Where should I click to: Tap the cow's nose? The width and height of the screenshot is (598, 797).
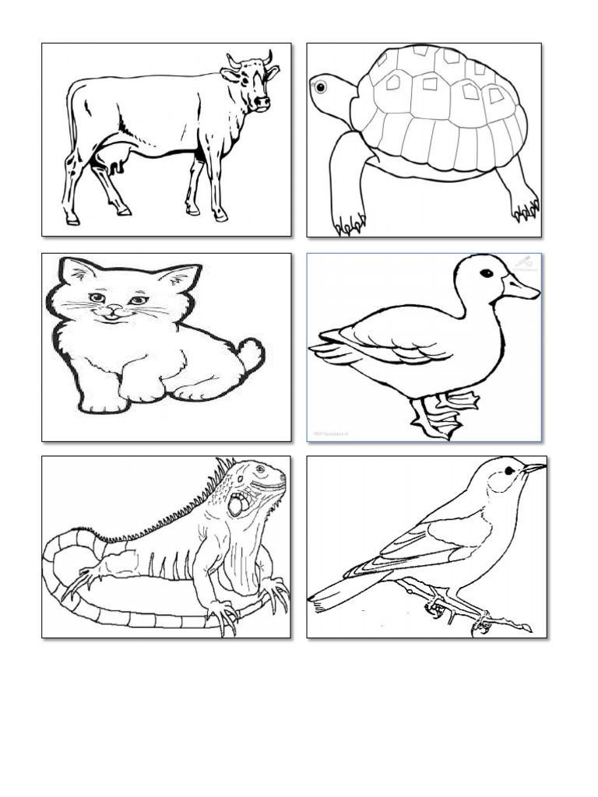(x=262, y=103)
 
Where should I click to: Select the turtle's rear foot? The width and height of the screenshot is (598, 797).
(x=526, y=206)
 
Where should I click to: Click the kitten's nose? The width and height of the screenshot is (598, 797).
(x=114, y=308)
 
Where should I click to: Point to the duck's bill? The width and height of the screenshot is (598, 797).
(x=521, y=289)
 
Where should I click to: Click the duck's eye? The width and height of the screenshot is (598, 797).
(x=486, y=273)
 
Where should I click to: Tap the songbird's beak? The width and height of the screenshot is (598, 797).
(x=534, y=469)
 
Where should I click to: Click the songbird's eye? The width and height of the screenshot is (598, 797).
(x=508, y=470)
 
